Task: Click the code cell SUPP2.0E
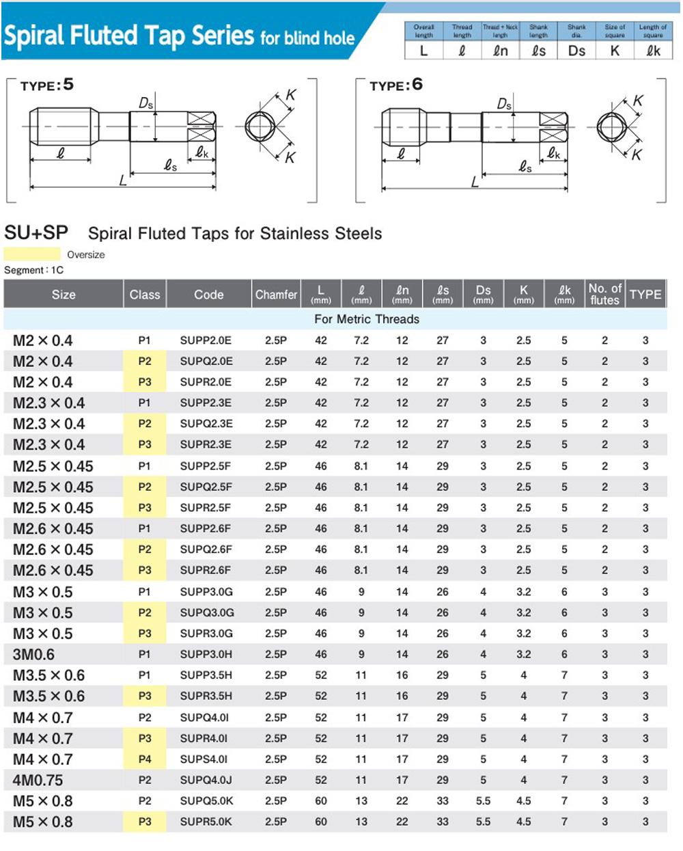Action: click(206, 340)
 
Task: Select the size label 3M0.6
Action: click(33, 654)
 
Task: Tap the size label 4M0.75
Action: click(38, 780)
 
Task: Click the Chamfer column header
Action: click(276, 295)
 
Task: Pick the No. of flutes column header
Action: click(604, 294)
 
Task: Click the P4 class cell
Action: click(145, 759)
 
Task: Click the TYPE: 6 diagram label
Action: click(395, 85)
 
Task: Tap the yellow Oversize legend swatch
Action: click(31, 254)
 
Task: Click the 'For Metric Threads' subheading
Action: click(367, 319)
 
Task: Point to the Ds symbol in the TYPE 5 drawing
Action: click(146, 103)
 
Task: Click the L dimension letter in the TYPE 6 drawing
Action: click(475, 182)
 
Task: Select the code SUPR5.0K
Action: click(206, 822)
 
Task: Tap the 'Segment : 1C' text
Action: click(33, 270)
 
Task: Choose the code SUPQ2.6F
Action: click(206, 549)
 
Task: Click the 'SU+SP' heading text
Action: click(36, 233)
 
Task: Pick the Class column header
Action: click(145, 295)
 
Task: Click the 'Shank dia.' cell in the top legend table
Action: click(576, 31)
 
